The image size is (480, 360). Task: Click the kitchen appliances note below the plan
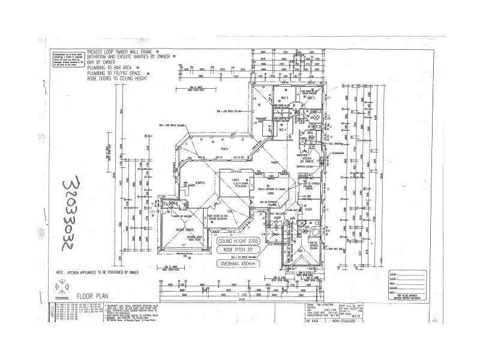coord(101,272)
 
